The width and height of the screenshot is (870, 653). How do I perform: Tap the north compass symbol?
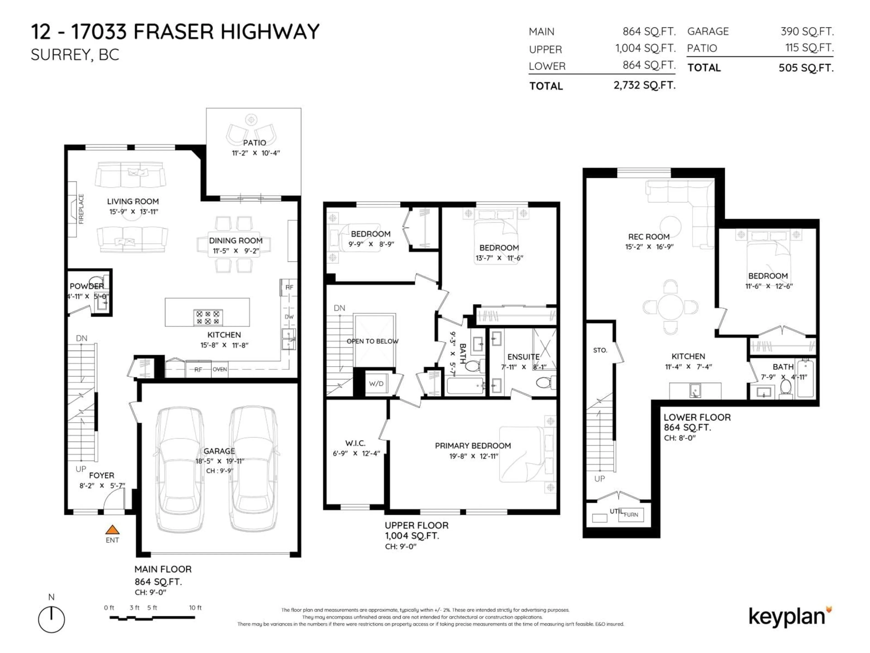point(51,619)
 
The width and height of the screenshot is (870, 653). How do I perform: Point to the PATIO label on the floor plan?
point(254,142)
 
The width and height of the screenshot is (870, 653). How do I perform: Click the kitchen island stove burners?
point(208,317)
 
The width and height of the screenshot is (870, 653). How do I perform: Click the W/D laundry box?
point(376,383)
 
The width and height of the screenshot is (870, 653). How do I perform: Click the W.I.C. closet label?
point(355,443)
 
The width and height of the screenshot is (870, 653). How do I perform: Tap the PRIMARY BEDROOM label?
point(473,446)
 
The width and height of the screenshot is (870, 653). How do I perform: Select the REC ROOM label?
point(649,236)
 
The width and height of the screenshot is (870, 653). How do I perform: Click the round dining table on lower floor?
point(670,307)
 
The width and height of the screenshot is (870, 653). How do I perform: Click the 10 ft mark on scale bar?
point(195,608)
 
